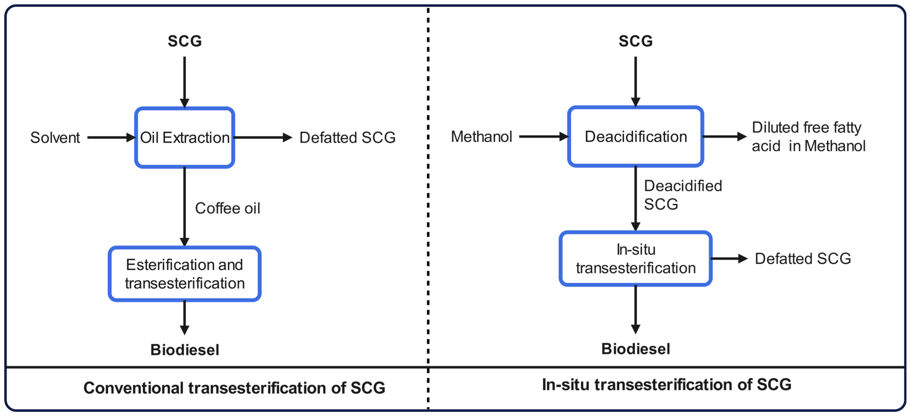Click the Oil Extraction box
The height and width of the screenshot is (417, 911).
click(185, 137)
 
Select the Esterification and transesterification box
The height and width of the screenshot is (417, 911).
click(185, 274)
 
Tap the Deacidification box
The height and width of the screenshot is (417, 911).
click(635, 136)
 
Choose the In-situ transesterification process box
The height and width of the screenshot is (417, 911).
click(635, 259)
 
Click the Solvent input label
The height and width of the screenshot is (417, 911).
click(55, 138)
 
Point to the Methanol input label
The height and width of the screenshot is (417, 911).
click(481, 136)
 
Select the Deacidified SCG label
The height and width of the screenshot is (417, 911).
click(682, 195)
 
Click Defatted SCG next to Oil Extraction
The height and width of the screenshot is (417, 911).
click(347, 138)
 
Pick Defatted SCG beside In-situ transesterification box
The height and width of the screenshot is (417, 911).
click(803, 259)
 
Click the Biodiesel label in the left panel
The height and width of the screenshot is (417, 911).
click(185, 350)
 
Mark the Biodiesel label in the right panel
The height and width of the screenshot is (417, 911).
click(635, 349)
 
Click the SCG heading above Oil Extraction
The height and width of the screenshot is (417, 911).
click(185, 41)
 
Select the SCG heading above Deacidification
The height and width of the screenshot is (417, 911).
click(635, 41)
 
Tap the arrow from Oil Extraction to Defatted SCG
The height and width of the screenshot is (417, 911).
click(263, 138)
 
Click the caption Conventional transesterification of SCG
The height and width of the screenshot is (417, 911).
click(234, 388)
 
